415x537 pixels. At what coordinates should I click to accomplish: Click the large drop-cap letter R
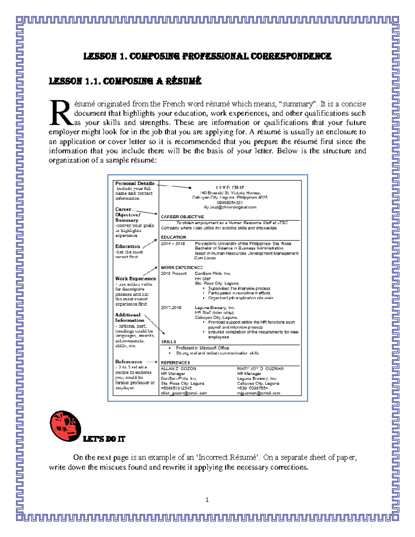click(61, 113)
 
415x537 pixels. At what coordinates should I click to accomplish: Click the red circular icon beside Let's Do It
click(65, 426)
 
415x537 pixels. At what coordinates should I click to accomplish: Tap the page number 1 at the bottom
click(207, 500)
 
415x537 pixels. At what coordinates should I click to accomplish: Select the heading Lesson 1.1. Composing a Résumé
click(125, 81)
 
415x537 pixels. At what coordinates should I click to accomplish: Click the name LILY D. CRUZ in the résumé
click(230, 188)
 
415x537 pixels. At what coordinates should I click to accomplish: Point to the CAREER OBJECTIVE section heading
click(182, 217)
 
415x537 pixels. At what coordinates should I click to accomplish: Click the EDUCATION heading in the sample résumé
click(173, 237)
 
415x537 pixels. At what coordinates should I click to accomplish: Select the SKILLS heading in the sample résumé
click(168, 342)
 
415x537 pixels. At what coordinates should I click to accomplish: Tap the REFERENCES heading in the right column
click(175, 363)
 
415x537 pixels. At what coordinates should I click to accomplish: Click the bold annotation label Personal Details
click(135, 183)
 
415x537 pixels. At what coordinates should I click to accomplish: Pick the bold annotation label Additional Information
click(129, 317)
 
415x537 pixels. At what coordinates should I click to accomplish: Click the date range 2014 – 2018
click(173, 244)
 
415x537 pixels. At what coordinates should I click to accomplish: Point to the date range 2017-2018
click(171, 307)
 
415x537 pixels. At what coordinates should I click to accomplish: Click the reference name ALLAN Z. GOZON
click(178, 369)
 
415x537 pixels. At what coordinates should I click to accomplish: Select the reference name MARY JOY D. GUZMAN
click(260, 369)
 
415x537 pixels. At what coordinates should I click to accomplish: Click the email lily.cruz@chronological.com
click(230, 207)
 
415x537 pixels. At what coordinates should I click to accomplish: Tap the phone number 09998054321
click(230, 203)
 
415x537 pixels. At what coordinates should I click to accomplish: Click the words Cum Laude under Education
click(205, 258)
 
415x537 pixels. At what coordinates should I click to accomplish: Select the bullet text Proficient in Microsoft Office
click(202, 348)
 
